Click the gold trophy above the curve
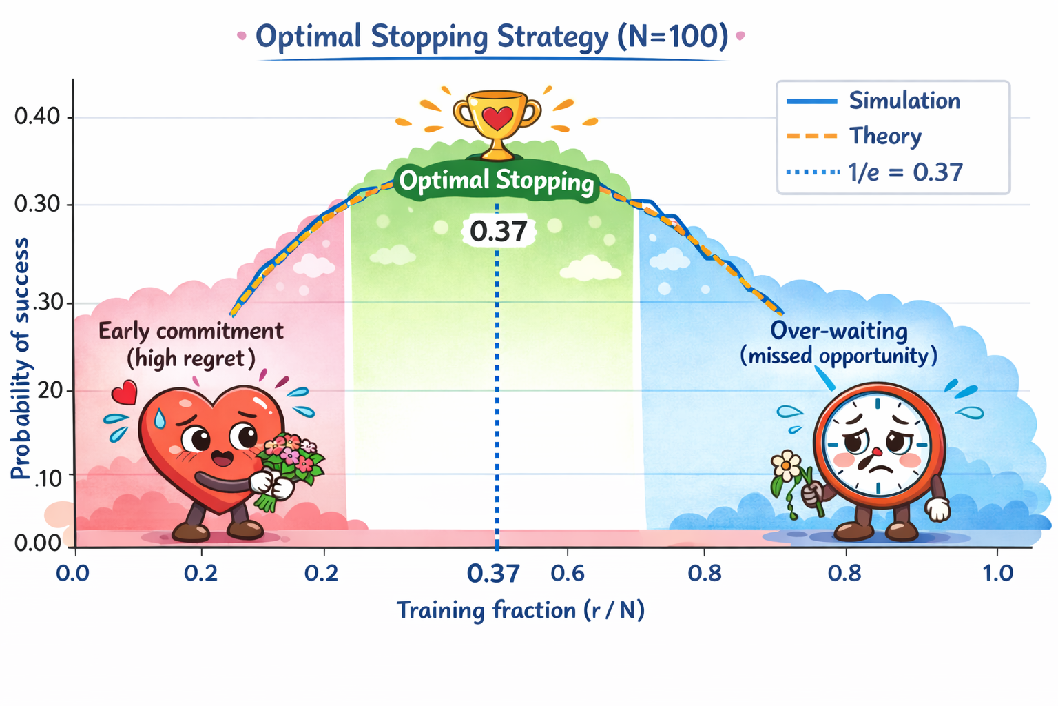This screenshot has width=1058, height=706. pyautogui.click(x=497, y=124)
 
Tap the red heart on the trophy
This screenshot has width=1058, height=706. pyautogui.click(x=497, y=118)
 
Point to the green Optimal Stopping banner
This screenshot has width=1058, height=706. pyautogui.click(x=496, y=181)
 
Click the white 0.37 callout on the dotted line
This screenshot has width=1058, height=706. pyautogui.click(x=498, y=232)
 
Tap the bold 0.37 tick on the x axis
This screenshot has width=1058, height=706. pyautogui.click(x=493, y=573)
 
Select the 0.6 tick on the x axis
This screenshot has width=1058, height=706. pyautogui.click(x=568, y=573)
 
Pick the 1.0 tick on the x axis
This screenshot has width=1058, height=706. pyautogui.click(x=997, y=573)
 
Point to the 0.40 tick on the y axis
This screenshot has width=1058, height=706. pyautogui.click(x=37, y=117)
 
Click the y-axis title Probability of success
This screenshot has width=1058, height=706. pyautogui.click(x=21, y=359)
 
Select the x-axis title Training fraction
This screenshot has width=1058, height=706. pyautogui.click(x=520, y=610)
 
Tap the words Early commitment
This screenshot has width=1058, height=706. pyautogui.click(x=191, y=331)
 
